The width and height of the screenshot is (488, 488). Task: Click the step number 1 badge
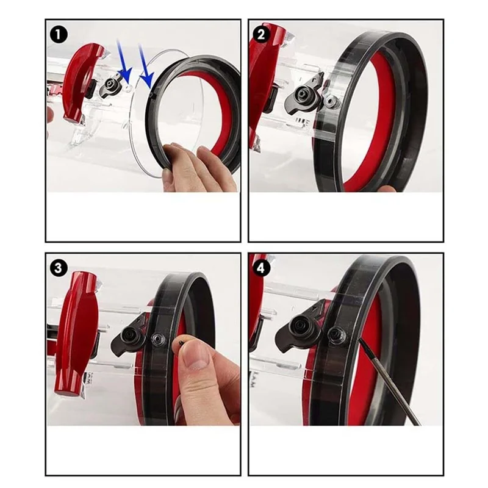click(x=59, y=35)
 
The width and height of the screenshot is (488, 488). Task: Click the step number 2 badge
click(x=262, y=34)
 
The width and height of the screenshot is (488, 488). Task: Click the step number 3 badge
click(x=59, y=268)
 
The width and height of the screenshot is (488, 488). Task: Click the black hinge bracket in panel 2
click(x=304, y=95)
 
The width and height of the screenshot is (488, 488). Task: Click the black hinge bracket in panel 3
click(x=131, y=336)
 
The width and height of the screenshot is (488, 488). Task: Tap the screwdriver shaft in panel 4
click(x=390, y=382)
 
